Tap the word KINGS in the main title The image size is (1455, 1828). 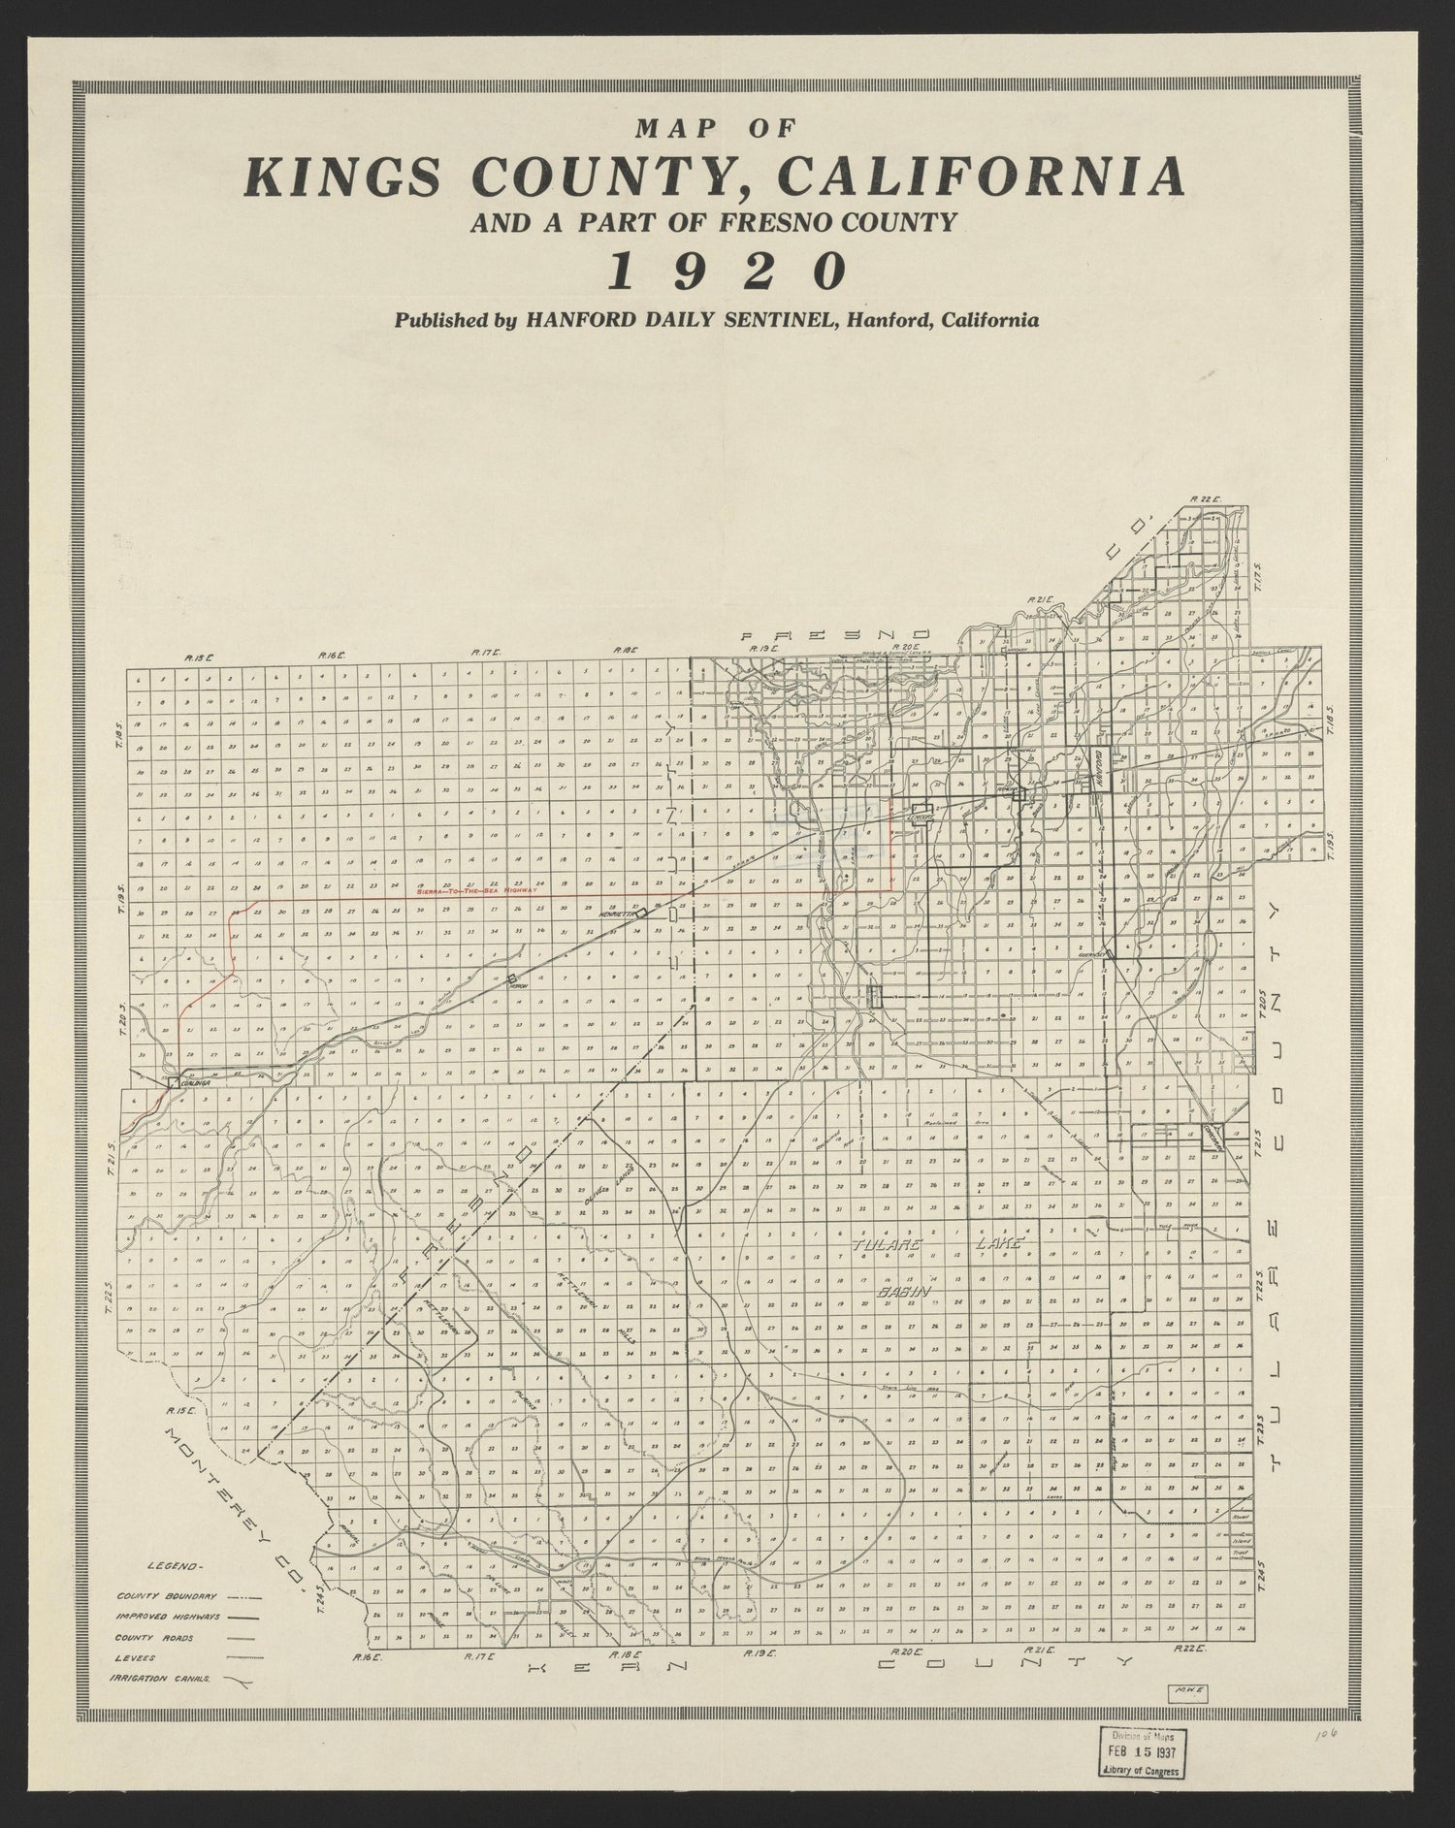[336, 177]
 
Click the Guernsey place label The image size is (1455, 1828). [1093, 955]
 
